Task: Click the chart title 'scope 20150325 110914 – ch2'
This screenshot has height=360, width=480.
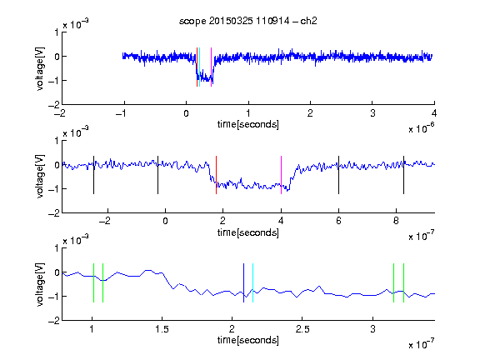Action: point(248,21)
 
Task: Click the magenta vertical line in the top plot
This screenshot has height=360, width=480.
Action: point(211,67)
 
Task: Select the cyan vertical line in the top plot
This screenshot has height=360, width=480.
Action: point(199,67)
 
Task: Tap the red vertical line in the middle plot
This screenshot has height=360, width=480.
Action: point(216,175)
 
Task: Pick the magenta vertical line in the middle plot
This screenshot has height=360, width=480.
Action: point(281,175)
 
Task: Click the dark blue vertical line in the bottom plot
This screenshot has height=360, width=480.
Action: point(243,282)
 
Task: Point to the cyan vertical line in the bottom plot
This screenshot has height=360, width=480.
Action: point(252,282)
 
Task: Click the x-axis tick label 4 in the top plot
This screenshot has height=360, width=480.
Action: point(434,113)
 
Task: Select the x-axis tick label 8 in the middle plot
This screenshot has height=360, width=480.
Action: point(396,221)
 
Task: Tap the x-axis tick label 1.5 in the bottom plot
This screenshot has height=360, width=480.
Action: point(162,329)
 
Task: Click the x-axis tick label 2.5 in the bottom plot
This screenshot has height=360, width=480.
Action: point(302,329)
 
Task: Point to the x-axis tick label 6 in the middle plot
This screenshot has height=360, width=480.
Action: point(338,221)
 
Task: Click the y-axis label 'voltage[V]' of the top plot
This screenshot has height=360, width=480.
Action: point(40,68)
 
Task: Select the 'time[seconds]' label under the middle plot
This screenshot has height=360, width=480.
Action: point(248,232)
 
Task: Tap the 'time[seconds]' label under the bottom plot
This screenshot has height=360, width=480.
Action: point(248,340)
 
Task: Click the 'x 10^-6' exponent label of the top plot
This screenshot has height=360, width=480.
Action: point(422,128)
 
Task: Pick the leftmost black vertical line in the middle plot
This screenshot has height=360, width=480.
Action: point(93,175)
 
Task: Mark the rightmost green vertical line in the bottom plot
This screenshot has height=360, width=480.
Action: point(404,282)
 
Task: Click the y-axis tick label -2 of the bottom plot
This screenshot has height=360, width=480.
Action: point(54,321)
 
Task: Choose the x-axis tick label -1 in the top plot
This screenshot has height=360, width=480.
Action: point(121,113)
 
